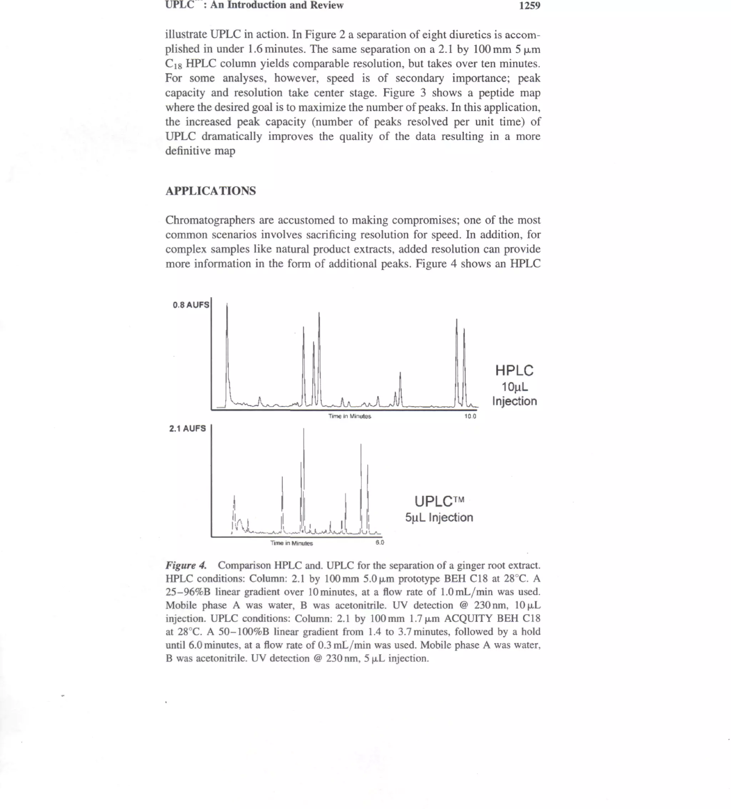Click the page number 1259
pos(529,6)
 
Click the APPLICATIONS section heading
pos(211,191)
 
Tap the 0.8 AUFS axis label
pos(191,305)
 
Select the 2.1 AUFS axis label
pos(187,428)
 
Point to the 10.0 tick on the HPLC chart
pos(470,416)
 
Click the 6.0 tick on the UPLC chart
pos(379,543)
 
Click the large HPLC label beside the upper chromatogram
pos(514,370)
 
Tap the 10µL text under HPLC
pos(515,387)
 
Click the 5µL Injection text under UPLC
pos(439,518)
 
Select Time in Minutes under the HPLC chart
pos(349,416)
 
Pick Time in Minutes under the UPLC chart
pos(291,543)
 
